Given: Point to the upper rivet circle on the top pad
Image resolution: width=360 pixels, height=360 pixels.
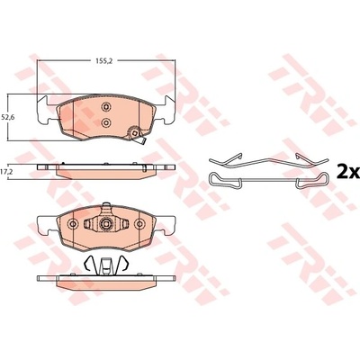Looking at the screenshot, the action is (x=106, y=106).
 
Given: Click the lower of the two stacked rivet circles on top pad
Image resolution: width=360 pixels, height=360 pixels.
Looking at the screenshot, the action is (x=106, y=122).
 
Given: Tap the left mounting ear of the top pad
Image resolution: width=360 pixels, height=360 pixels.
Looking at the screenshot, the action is (x=48, y=110).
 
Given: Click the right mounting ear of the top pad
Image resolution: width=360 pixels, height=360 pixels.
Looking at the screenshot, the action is (x=166, y=110).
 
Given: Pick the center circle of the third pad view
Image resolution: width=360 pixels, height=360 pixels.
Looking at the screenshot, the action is (x=105, y=223).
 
